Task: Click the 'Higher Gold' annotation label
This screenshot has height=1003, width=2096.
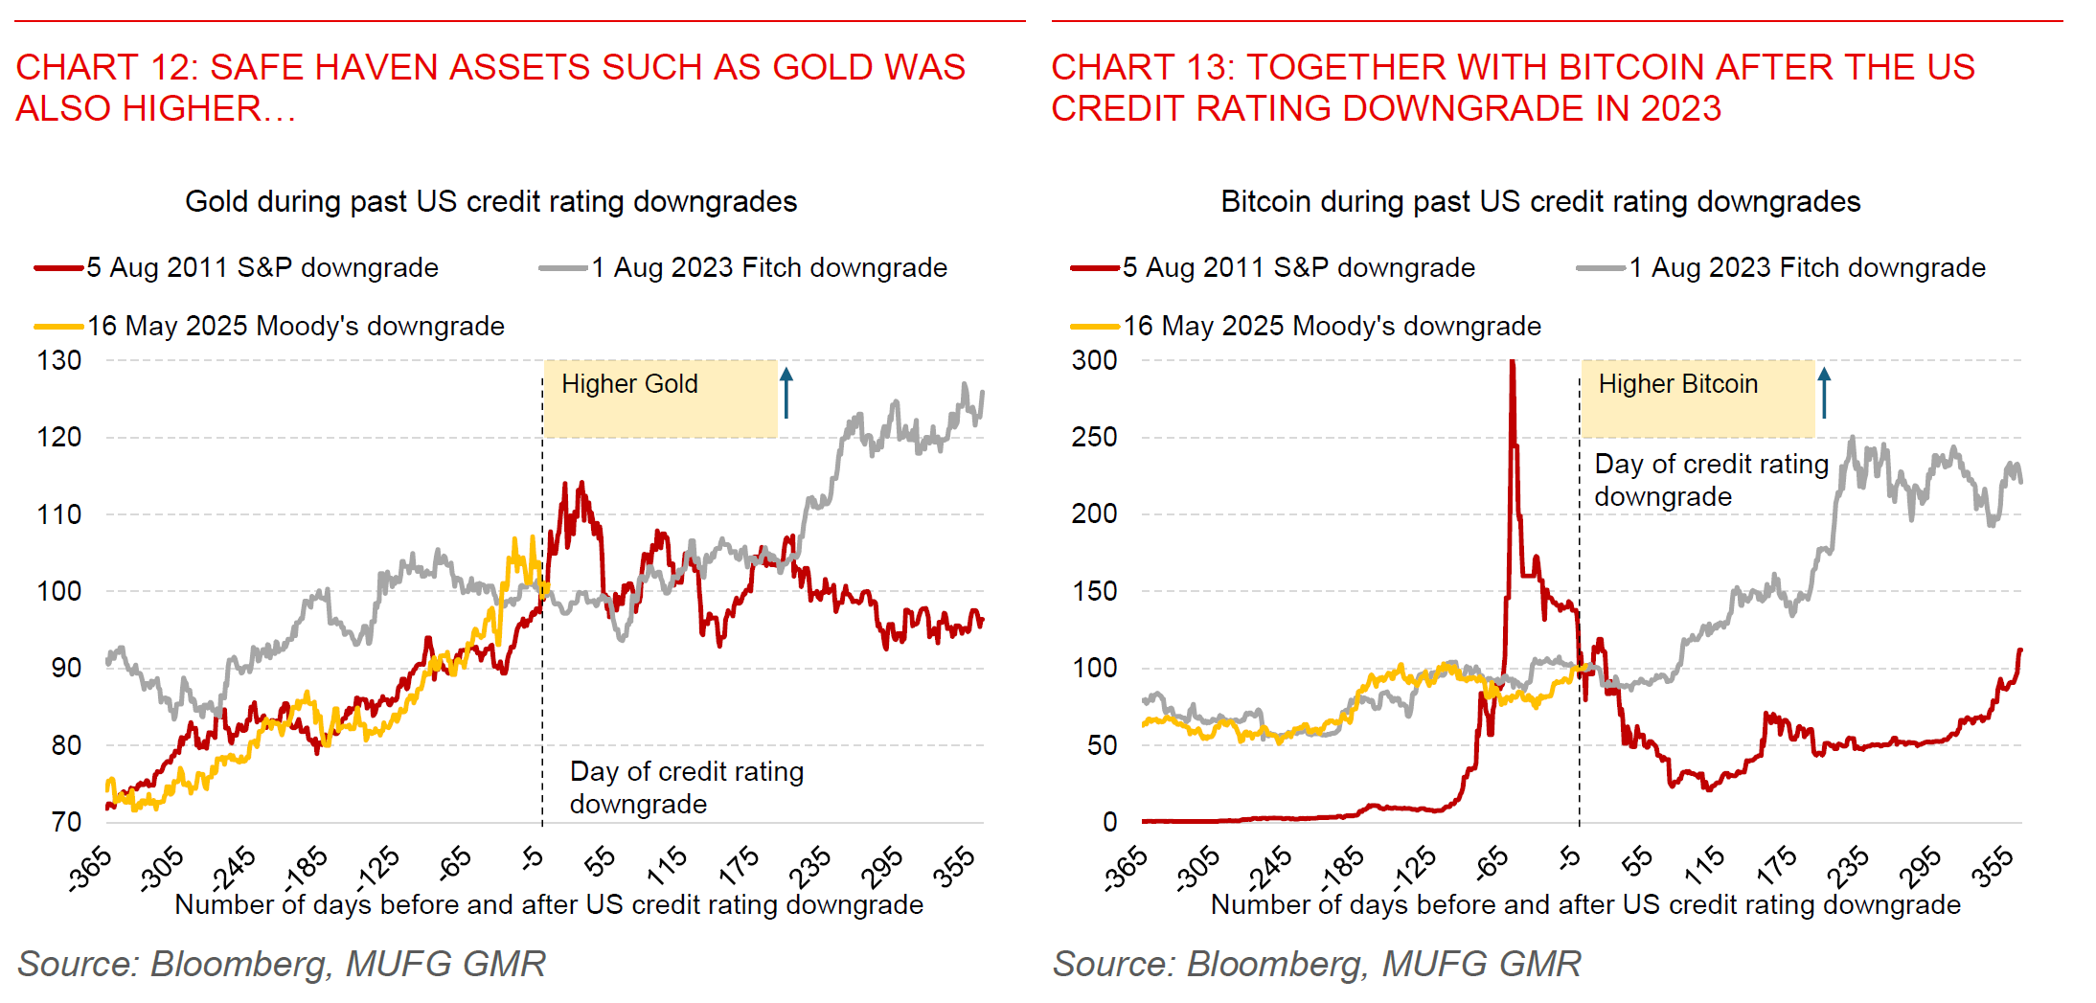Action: tap(629, 384)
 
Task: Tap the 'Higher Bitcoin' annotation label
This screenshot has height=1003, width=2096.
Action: tap(1677, 384)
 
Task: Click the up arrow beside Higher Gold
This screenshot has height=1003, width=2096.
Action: tap(786, 393)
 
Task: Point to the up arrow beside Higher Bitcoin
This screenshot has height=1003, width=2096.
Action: tap(1824, 393)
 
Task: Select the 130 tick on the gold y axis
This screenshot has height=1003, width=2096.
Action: tap(59, 361)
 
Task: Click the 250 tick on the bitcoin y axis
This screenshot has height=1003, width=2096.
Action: tap(1094, 438)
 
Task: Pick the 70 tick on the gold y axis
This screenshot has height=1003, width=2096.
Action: tap(65, 822)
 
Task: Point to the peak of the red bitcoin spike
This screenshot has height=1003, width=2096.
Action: tap(1512, 363)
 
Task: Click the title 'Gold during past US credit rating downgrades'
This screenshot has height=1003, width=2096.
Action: tap(490, 202)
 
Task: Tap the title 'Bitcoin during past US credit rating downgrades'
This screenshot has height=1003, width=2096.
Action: tap(1540, 202)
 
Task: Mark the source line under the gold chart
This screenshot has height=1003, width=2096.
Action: tap(282, 964)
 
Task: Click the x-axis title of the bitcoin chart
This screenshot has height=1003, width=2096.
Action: tap(1585, 905)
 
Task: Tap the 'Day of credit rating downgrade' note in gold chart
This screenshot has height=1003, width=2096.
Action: tap(686, 787)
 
